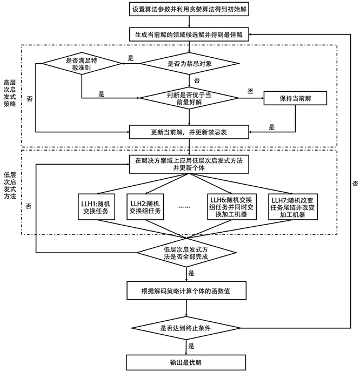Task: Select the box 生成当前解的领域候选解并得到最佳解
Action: point(188,35)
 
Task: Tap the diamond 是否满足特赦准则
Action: point(81,64)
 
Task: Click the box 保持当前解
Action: point(296,98)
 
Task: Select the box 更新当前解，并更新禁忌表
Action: point(188,131)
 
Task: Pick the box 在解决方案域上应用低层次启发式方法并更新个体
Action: point(188,164)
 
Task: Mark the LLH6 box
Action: point(232,206)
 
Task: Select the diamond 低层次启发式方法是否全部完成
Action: point(188,252)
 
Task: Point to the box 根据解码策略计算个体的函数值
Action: point(188,291)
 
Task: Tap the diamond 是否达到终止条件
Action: point(188,327)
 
